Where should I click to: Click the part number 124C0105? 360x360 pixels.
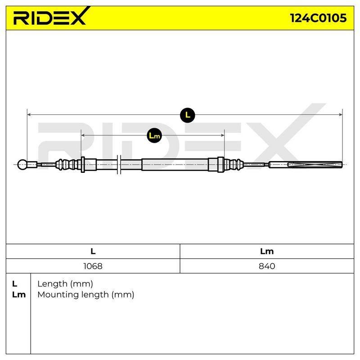(318, 18)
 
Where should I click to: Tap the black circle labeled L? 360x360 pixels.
(187, 115)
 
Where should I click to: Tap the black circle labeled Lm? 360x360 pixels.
(154, 135)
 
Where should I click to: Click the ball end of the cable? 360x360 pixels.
(22, 165)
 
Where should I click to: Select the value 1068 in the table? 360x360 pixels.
(93, 266)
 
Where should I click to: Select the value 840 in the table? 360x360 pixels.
(267, 266)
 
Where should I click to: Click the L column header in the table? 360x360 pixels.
(93, 252)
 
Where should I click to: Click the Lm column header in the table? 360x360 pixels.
(267, 252)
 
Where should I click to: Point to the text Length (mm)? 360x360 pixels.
(65, 284)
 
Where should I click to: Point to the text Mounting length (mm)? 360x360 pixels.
(86, 295)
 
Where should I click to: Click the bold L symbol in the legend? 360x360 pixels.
(14, 284)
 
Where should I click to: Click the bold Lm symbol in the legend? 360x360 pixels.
(19, 295)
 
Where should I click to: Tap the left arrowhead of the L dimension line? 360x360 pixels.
(29, 115)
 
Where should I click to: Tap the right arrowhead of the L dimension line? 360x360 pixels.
(341, 115)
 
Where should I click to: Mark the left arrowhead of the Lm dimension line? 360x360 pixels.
(83, 135)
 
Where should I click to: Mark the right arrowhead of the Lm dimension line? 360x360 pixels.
(222, 135)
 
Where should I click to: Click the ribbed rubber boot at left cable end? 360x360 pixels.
(68, 165)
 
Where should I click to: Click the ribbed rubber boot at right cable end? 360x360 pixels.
(234, 165)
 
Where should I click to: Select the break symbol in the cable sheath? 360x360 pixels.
(119, 165)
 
